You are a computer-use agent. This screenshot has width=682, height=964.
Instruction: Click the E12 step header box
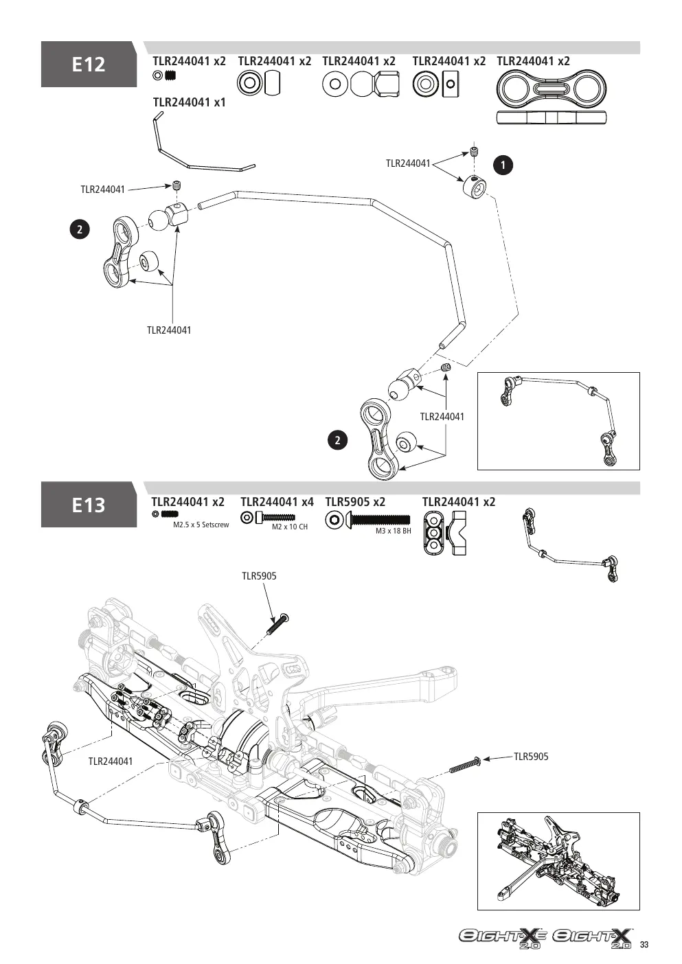pyautogui.click(x=89, y=64)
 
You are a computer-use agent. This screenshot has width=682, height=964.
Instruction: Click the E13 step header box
pyautogui.click(x=89, y=505)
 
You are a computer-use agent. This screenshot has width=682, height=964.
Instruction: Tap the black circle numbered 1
pyautogui.click(x=503, y=165)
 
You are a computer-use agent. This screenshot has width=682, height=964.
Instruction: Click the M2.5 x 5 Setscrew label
pyautogui.click(x=201, y=525)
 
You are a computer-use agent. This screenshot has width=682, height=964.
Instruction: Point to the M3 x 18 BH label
pyautogui.click(x=393, y=531)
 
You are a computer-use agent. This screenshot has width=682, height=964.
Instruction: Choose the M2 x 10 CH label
pyautogui.click(x=290, y=527)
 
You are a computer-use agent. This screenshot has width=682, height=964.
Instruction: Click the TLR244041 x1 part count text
pyautogui.click(x=190, y=102)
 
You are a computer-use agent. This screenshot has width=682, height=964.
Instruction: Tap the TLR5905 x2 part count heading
pyautogui.click(x=355, y=502)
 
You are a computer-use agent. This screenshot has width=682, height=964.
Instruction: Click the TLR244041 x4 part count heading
pyautogui.click(x=277, y=502)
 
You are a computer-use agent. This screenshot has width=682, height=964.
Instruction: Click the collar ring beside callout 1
pyautogui.click(x=475, y=185)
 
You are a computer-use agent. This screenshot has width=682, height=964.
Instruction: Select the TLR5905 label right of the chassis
pyautogui.click(x=531, y=757)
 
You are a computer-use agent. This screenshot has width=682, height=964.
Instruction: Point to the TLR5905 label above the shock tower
pyautogui.click(x=259, y=576)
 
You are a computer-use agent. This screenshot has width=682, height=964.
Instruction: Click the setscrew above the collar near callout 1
pyautogui.click(x=475, y=152)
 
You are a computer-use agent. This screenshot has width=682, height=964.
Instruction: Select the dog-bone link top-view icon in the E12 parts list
pyautogui.click(x=551, y=89)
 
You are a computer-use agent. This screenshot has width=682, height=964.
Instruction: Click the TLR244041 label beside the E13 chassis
pyautogui.click(x=110, y=761)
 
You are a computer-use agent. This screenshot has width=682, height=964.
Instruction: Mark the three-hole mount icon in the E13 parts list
pyautogui.click(x=434, y=533)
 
